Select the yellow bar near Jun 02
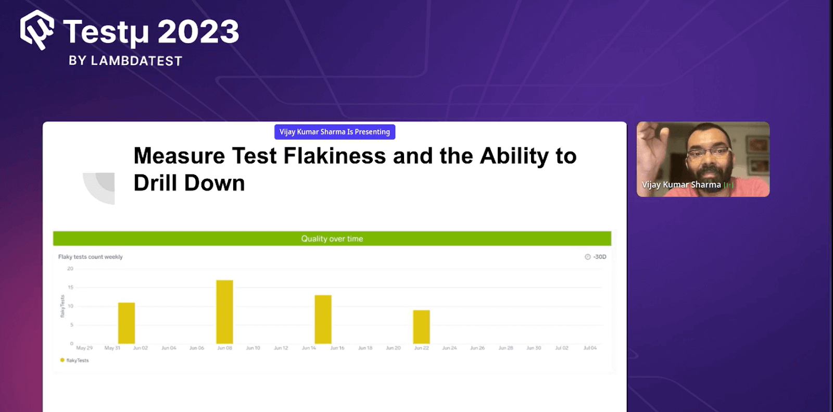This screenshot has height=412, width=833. (127, 323)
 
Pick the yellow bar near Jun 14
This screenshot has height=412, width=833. (323, 319)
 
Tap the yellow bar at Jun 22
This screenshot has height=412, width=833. (421, 327)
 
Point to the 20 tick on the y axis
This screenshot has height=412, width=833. (70, 269)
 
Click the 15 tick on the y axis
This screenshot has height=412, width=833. (70, 288)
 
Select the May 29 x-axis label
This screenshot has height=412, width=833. (84, 348)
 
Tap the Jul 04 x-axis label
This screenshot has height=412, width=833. (590, 348)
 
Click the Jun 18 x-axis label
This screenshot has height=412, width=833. (365, 348)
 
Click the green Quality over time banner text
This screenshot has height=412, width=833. (332, 239)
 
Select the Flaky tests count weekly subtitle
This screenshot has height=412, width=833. (91, 257)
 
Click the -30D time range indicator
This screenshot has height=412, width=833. (596, 257)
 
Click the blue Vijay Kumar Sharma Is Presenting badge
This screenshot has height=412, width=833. (335, 132)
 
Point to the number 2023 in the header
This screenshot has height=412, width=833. (198, 32)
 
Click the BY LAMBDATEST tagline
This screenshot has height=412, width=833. (125, 61)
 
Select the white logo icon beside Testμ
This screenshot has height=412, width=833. (37, 30)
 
